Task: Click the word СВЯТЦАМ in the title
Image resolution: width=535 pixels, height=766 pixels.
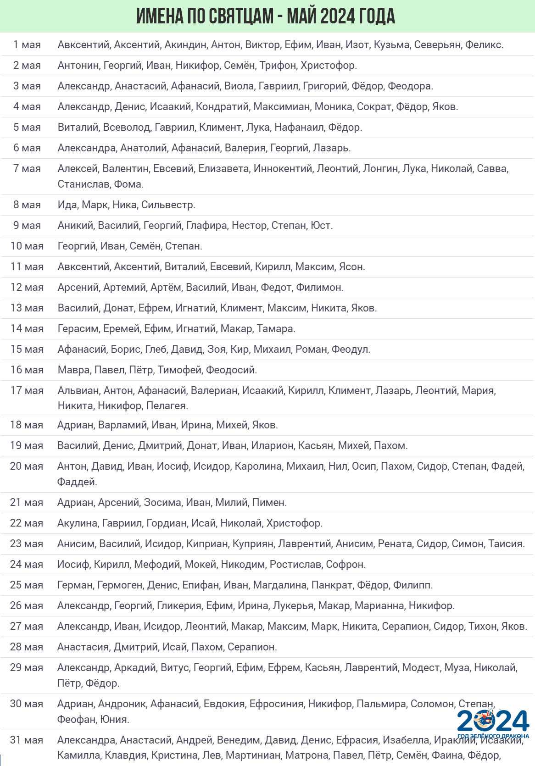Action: [x=235, y=16]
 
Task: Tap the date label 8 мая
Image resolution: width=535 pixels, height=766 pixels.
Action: [x=27, y=205]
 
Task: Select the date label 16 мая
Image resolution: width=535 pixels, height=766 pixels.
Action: [x=27, y=370]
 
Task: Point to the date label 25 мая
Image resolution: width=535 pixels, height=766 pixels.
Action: [x=27, y=585]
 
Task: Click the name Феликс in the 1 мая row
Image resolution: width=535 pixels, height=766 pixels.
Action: [x=484, y=44]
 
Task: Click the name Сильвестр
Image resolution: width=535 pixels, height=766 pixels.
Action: [x=167, y=205]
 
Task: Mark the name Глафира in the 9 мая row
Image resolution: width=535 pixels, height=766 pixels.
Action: [x=206, y=225]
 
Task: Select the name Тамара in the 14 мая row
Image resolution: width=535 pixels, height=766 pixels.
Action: [x=275, y=328]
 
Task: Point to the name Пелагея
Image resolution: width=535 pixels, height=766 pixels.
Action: [x=167, y=405]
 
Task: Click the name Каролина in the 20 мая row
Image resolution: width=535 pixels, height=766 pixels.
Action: [x=258, y=466]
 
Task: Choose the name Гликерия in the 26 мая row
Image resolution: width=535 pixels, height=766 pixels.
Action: [x=178, y=605]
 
